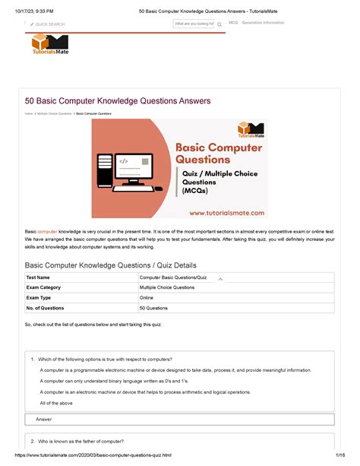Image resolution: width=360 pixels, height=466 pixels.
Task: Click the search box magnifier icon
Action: click(219, 24)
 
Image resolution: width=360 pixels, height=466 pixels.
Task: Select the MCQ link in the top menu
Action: click(233, 23)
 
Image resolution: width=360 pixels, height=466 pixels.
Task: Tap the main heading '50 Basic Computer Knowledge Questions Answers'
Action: click(118, 101)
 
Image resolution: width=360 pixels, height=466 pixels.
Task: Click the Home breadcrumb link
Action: click(28, 113)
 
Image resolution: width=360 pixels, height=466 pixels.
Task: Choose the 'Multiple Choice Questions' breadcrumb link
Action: click(54, 113)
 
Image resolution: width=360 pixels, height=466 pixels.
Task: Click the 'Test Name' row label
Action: click(39, 277)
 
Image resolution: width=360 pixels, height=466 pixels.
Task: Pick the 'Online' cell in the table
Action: click(147, 298)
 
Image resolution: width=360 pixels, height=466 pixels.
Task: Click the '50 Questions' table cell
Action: click(153, 308)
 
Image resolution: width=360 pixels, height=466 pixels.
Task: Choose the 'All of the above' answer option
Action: click(56, 403)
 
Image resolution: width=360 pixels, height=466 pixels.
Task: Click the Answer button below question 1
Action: click(44, 420)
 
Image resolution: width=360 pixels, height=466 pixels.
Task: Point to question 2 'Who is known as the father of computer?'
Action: click(81, 442)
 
